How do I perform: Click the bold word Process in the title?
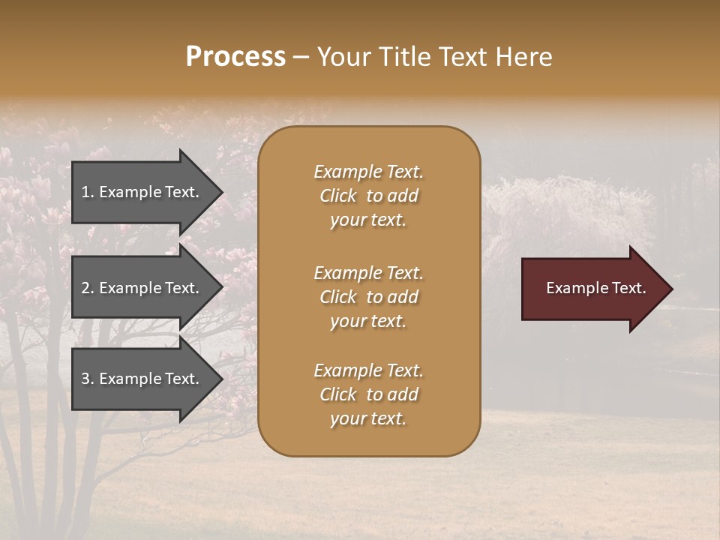tap(235, 57)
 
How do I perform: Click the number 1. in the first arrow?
tap(88, 192)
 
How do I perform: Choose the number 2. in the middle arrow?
tap(88, 288)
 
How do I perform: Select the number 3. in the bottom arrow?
tap(88, 379)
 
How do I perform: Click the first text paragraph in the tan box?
tap(369, 196)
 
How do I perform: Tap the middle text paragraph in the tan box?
tap(369, 297)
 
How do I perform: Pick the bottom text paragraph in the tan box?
tap(369, 394)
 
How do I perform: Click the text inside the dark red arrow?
tap(595, 288)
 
